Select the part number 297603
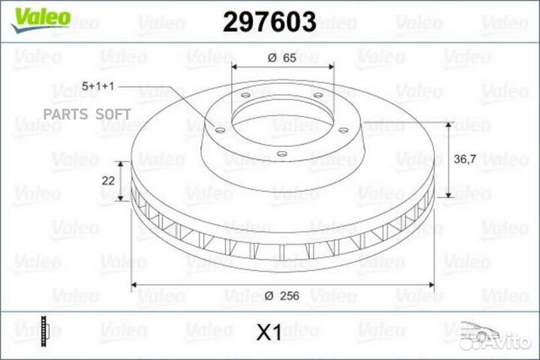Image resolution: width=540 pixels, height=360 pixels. tap(269, 22)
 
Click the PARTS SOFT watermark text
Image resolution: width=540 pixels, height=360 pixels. tap(88, 114)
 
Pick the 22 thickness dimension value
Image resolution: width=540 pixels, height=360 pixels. tap(108, 180)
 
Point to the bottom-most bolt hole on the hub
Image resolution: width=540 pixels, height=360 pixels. tap(280, 154)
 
